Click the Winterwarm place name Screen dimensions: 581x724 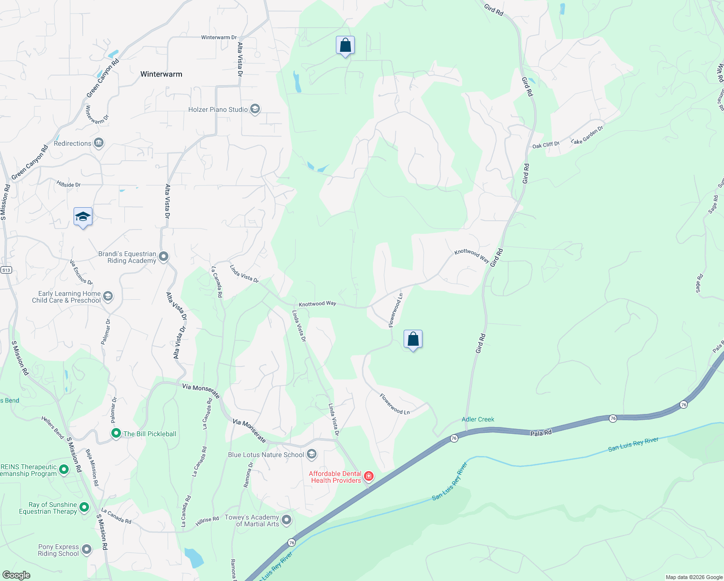click(161, 74)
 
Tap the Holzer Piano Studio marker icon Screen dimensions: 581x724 click(255, 109)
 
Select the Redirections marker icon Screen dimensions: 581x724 click(99, 143)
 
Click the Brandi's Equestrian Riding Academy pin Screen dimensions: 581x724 click(164, 257)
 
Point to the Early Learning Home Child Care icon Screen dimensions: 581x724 click(108, 296)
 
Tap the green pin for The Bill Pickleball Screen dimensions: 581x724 click(116, 433)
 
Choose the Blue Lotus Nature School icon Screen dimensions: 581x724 click(312, 454)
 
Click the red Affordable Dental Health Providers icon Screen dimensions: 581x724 click(369, 476)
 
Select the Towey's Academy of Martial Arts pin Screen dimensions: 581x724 click(287, 520)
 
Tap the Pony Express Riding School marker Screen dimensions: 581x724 click(86, 550)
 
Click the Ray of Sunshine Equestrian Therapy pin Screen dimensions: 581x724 click(84, 507)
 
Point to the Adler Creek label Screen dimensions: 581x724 click(478, 419)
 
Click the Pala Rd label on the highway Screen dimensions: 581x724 click(541, 433)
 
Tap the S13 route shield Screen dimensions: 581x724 click(6, 270)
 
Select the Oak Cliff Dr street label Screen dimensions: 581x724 click(545, 145)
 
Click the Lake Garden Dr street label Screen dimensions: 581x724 click(587, 135)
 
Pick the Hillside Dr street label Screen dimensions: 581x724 click(68, 184)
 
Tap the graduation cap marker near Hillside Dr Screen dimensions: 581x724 click(83, 216)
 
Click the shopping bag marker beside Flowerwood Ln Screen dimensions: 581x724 click(413, 339)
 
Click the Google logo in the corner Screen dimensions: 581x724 click(16, 575)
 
